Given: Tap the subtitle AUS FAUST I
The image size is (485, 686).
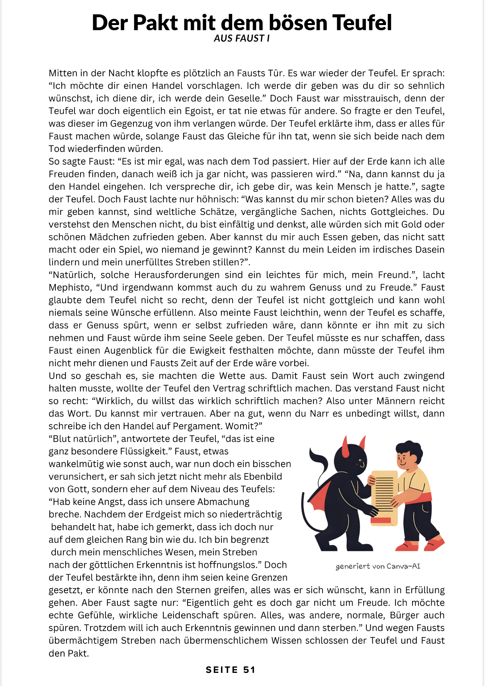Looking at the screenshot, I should pos(242,39).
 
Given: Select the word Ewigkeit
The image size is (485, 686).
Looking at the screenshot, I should pos(209,351).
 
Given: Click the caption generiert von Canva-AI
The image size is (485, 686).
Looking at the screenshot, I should pos(377,566).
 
